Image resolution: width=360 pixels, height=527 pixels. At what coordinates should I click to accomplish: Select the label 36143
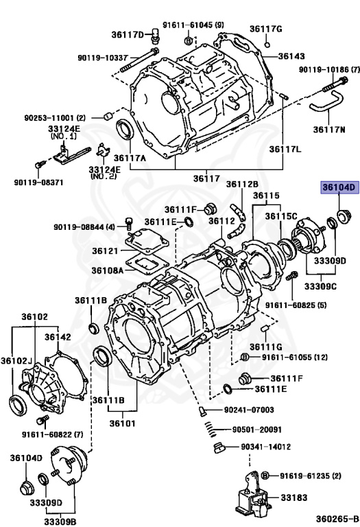tap(291, 56)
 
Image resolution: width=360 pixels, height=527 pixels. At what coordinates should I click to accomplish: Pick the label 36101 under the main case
tap(123, 423)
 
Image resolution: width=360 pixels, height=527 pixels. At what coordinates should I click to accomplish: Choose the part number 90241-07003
tap(249, 410)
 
